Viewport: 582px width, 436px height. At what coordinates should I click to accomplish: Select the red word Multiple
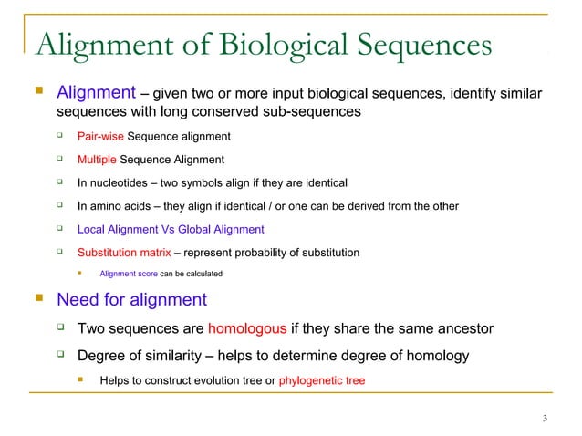[97, 161]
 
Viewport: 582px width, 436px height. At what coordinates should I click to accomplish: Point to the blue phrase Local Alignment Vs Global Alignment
[171, 230]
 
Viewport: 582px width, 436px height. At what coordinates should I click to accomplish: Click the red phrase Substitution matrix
[123, 253]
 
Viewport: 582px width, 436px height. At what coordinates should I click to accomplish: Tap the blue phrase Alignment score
[128, 274]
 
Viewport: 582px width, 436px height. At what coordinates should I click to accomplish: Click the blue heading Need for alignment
[131, 299]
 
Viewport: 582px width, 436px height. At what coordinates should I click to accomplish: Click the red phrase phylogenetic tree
[321, 379]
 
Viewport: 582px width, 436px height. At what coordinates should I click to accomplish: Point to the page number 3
[545, 419]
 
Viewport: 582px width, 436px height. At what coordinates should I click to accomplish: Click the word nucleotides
[122, 183]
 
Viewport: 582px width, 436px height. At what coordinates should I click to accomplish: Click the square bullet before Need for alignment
[37, 298]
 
